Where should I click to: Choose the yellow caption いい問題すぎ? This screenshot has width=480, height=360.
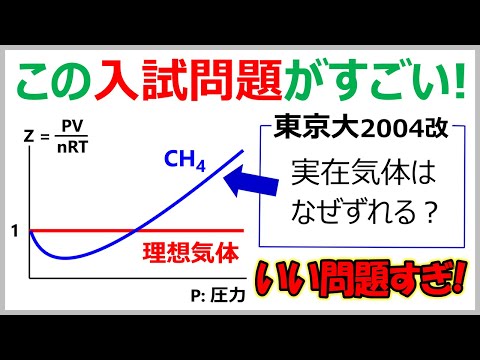[354, 276]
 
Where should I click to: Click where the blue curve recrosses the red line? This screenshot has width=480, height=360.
[134, 232]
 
